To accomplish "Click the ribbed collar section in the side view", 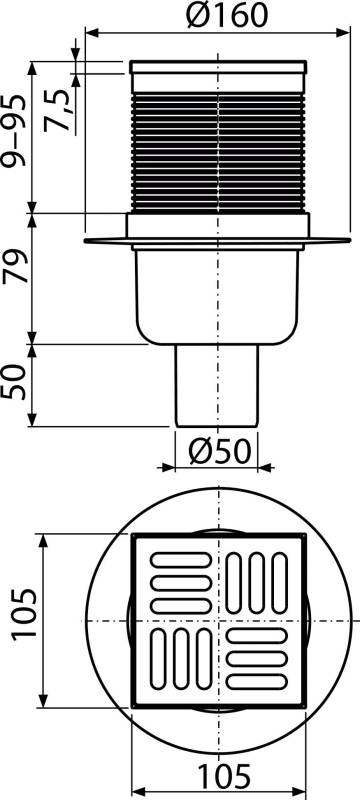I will (217, 150).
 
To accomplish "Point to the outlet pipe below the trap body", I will (217, 385).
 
